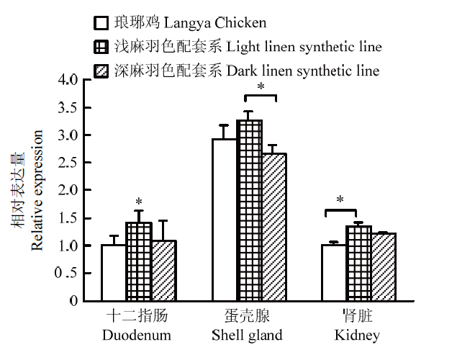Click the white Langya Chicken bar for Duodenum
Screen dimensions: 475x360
coord(114,273)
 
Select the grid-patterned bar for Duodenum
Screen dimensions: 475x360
coord(139,261)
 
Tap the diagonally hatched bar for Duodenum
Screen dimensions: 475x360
coord(164,271)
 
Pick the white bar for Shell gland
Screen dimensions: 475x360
coord(225,220)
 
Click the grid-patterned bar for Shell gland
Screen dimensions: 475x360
coord(250,210)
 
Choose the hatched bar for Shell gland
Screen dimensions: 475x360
coord(274,228)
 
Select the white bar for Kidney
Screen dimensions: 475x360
coord(334,273)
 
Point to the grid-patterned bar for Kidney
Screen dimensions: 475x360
coord(359,263)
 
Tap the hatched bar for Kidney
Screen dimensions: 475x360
coord(384,267)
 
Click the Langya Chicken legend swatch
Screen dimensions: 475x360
coord(101,23)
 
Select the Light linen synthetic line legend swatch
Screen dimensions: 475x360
coord(101,47)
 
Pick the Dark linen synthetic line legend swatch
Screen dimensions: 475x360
coord(101,71)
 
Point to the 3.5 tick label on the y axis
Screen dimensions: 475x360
coord(68,108)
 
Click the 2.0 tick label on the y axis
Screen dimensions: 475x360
coord(68,190)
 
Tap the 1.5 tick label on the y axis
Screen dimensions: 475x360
coord(68,218)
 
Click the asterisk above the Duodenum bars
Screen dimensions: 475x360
coord(139,202)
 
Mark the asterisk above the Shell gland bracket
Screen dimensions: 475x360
coord(261,87)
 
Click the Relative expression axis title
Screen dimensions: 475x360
coord(37,190)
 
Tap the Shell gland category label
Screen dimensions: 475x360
coord(247,335)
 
